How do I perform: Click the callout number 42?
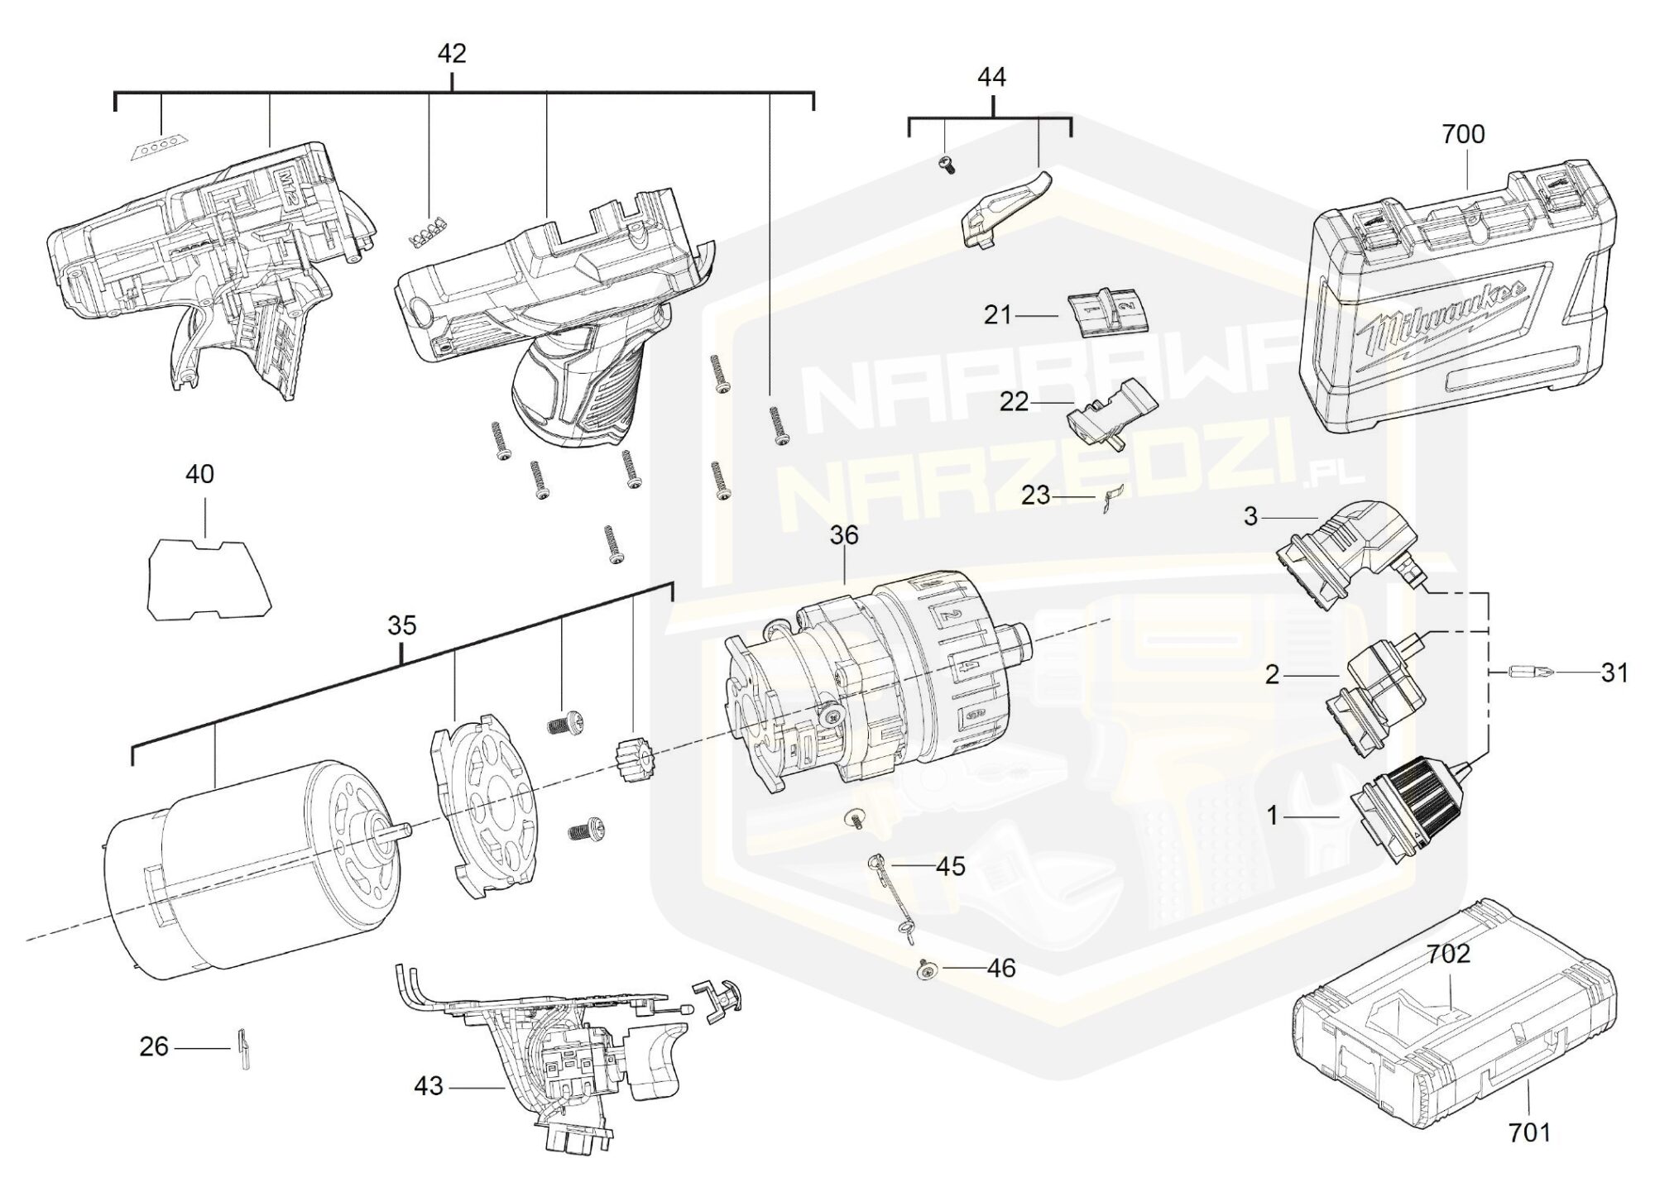pyautogui.click(x=452, y=54)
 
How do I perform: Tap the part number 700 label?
pyautogui.click(x=1463, y=134)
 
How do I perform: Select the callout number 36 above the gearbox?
pyautogui.click(x=844, y=535)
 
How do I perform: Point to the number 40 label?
pyautogui.click(x=199, y=474)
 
